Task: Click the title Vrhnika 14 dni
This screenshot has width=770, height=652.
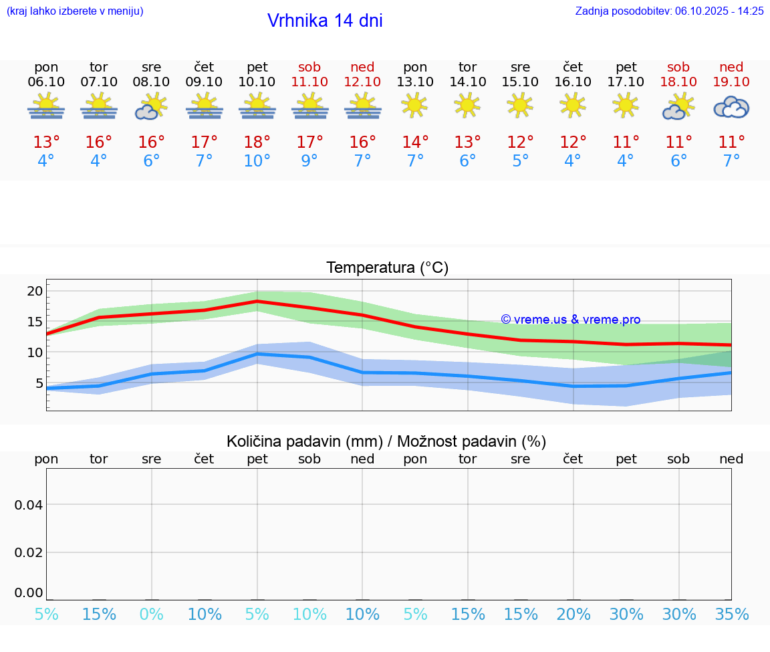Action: point(325,21)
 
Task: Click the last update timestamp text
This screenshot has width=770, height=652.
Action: point(669,11)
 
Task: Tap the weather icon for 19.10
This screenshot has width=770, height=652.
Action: point(731,107)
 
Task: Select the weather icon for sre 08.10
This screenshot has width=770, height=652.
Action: point(151,106)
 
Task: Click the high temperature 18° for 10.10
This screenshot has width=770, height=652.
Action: point(257,142)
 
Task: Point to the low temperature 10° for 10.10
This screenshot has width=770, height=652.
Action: point(257,161)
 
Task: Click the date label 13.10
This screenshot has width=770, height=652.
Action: point(415,82)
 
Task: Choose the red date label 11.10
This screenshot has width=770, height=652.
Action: point(309,82)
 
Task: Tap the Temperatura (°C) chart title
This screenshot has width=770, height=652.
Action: point(387,267)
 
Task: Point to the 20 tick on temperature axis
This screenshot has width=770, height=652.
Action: point(35,291)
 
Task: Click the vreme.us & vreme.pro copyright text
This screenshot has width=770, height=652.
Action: point(570,320)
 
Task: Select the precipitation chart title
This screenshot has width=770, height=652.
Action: point(386,441)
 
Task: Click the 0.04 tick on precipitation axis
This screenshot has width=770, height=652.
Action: point(29,504)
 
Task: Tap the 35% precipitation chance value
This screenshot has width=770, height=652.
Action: point(731,615)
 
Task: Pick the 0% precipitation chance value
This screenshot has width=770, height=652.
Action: point(152,615)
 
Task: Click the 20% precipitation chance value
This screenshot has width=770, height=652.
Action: point(573,615)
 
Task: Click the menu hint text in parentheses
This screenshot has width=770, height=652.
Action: point(75,11)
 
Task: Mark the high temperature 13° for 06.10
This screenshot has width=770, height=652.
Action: point(46,142)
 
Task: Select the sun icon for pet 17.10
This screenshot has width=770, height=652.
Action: point(626,105)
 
